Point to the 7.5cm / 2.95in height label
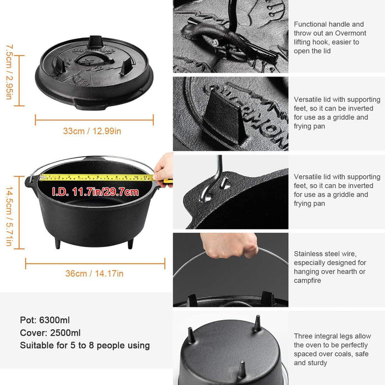coord(8,72)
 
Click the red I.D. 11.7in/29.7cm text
coord(95,192)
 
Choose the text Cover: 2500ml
coord(51,333)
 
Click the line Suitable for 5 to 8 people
coord(85,345)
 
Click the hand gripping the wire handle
coord(229,245)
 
